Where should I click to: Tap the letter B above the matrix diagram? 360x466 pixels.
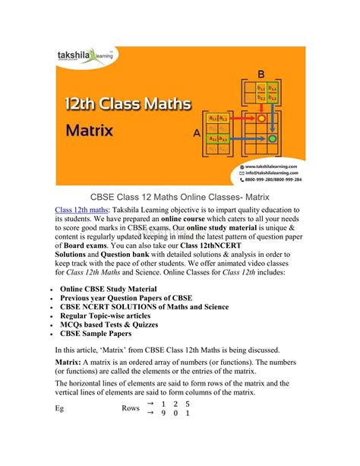pyautogui.click(x=260, y=74)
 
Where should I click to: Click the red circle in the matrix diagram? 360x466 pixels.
pyautogui.click(x=262, y=119)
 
